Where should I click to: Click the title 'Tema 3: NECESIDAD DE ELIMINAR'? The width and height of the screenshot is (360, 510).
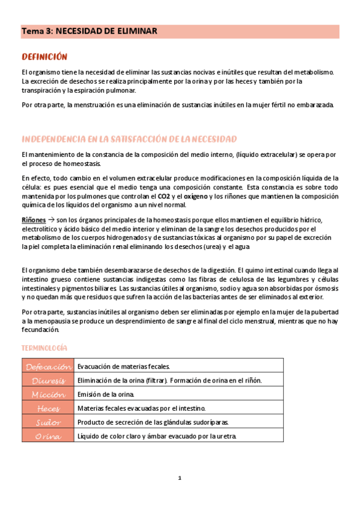tap(90, 31)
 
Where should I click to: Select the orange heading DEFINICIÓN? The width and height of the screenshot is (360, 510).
tap(44, 57)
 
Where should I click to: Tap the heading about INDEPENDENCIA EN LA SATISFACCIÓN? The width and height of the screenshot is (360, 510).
tap(129, 139)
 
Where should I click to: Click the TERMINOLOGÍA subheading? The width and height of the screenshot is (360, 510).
tap(44, 348)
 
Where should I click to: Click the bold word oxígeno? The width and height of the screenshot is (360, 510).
tap(195, 196)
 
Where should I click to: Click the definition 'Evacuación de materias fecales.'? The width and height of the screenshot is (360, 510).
tap(124, 366)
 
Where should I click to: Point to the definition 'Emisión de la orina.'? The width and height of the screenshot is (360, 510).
tap(106, 394)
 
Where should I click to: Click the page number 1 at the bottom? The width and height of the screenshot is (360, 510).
tap(180, 478)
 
